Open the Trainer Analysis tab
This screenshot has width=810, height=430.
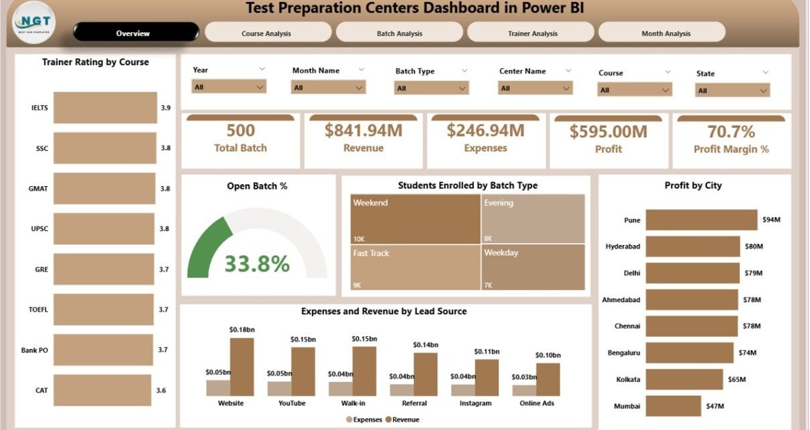click(x=532, y=33)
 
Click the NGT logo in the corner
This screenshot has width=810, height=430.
click(x=34, y=25)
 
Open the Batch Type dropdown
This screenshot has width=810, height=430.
click(x=432, y=88)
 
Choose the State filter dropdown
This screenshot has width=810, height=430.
click(x=732, y=90)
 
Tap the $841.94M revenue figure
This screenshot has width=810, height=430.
click(x=363, y=131)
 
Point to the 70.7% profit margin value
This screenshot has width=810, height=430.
click(x=731, y=131)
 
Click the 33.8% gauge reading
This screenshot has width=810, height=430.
click(x=256, y=264)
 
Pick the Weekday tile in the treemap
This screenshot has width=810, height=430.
click(x=533, y=267)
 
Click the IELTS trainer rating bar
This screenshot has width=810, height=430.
click(x=105, y=108)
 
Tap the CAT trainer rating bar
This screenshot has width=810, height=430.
click(x=102, y=390)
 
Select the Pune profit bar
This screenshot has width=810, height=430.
click(x=702, y=220)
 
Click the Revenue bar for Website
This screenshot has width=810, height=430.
click(x=242, y=367)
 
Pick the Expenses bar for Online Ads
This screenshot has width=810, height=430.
click(x=523, y=390)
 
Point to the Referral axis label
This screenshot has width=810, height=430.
click(x=414, y=403)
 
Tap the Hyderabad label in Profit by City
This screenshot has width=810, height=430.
click(x=623, y=246)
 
